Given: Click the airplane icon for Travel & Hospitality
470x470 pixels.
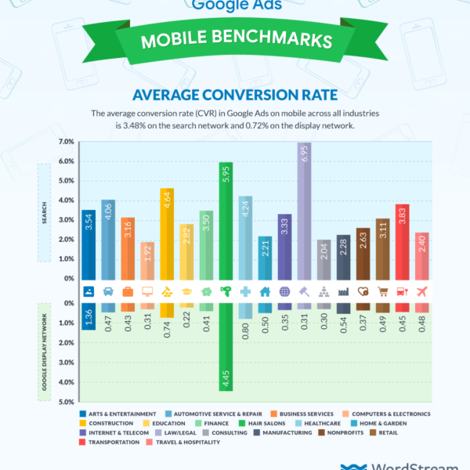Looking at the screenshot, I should (x=421, y=291).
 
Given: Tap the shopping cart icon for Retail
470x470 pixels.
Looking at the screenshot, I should (x=382, y=291).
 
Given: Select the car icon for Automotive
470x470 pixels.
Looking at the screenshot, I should (x=108, y=291).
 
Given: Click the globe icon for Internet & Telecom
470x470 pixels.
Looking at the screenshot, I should (x=284, y=291).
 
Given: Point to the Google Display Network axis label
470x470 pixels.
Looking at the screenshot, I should (x=44, y=353).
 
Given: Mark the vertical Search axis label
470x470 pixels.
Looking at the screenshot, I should (x=44, y=211).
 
